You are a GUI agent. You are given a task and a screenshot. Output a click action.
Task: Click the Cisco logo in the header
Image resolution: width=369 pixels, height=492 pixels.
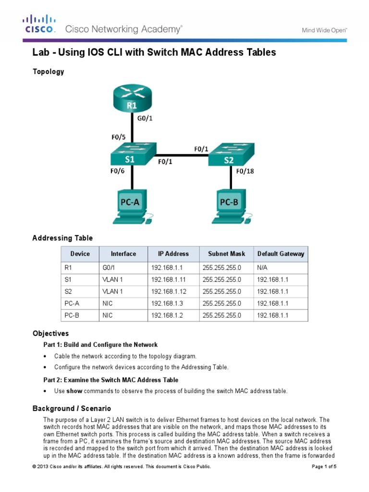coord(40,25)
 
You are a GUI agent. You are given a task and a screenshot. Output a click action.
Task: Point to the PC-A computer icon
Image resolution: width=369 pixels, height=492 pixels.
coord(131,207)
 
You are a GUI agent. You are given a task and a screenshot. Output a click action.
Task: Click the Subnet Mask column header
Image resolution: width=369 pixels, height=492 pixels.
coord(227,254)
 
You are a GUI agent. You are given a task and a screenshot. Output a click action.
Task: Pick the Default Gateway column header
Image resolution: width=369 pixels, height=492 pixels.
coord(281,254)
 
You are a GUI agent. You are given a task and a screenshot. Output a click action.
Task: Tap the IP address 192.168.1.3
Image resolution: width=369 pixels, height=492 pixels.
coord(166,303)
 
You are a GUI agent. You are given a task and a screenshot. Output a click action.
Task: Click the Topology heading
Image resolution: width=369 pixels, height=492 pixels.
coord(48,72)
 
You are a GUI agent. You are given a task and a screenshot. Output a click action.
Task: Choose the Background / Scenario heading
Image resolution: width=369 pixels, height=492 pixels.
coord(72,408)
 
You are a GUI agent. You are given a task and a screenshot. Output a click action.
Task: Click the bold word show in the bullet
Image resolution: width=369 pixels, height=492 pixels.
coord(74,391)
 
